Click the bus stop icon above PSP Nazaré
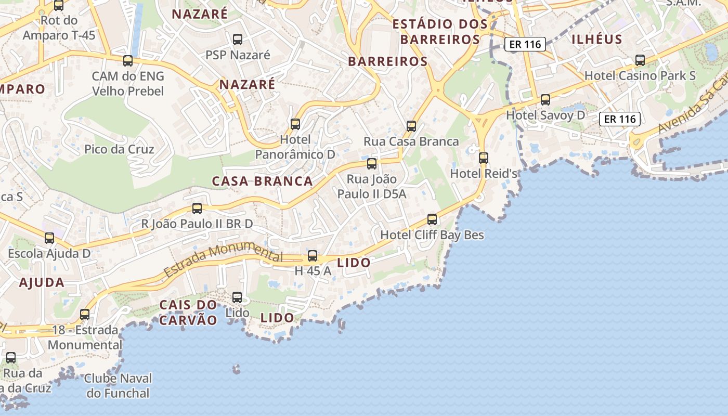tap(238, 39)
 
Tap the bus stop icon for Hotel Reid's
tap(484, 158)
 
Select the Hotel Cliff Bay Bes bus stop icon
tap(432, 219)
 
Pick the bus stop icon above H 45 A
tap(313, 255)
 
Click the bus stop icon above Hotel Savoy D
tap(545, 99)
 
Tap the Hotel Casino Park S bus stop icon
tap(640, 60)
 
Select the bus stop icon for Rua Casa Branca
tap(411, 126)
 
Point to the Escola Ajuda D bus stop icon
tap(49, 238)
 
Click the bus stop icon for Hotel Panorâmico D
tap(295, 124)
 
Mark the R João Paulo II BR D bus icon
tap(197, 209)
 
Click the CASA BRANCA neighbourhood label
tap(263, 181)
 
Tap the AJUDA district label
tap(42, 283)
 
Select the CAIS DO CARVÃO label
tap(188, 313)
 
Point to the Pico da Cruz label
tap(119, 150)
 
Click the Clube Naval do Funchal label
tap(118, 385)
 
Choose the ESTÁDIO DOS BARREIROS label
tap(440, 32)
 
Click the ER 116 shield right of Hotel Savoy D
tap(620, 119)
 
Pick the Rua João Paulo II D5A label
tap(372, 187)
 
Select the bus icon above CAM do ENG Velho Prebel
tap(128, 61)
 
